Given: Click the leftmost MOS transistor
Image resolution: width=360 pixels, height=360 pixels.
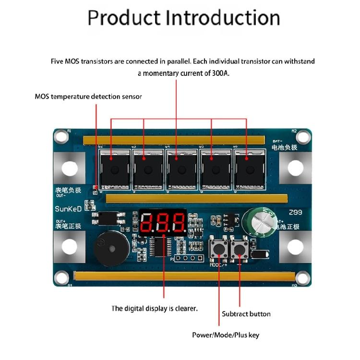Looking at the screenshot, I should (x=114, y=168).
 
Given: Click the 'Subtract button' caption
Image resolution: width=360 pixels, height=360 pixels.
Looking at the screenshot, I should (x=246, y=314).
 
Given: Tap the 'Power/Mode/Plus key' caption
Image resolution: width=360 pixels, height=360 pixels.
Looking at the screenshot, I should (x=225, y=335).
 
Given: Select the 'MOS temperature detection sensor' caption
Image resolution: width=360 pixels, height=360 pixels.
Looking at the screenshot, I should (x=88, y=96).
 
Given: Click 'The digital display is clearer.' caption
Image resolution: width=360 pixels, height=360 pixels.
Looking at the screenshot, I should (x=154, y=309).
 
